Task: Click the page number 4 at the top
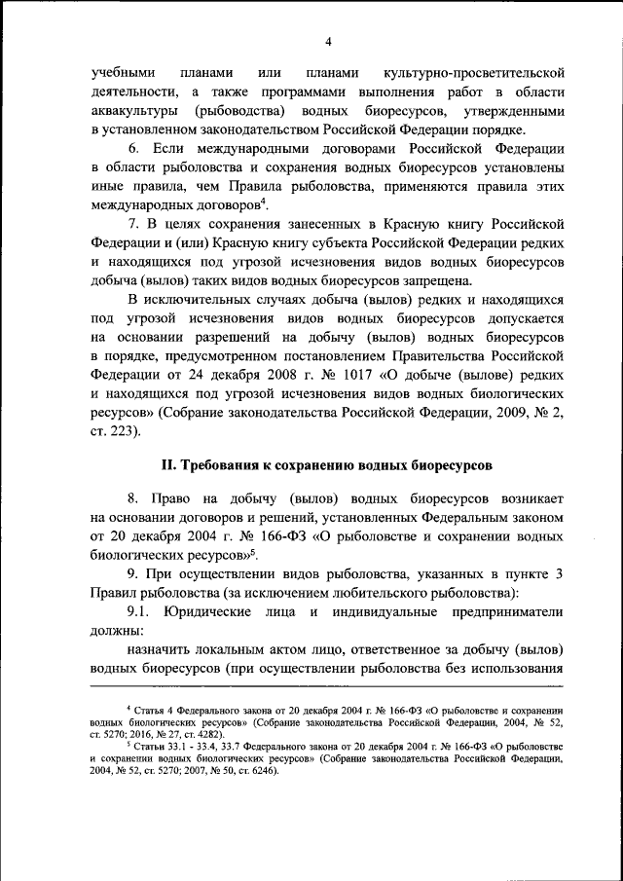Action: pyautogui.click(x=328, y=41)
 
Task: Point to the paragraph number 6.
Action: pyautogui.click(x=133, y=149)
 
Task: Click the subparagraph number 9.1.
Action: pyautogui.click(x=139, y=611)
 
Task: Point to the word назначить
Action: pyautogui.click(x=161, y=649)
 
